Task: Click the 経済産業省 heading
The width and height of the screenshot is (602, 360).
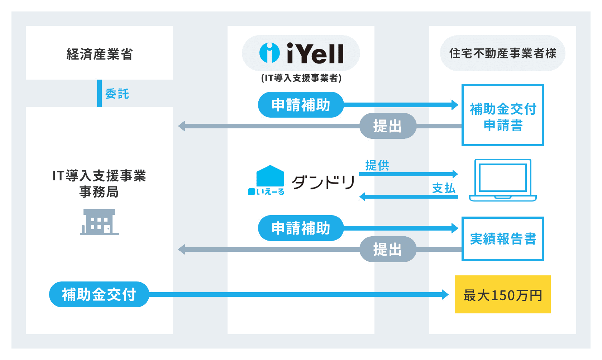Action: tap(99, 54)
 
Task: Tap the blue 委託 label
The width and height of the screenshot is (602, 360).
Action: tap(117, 94)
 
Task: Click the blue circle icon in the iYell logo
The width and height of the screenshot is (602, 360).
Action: tap(269, 53)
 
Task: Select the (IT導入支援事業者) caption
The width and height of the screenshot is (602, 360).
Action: tap(301, 78)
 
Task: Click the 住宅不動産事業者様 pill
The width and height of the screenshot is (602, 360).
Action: tap(502, 53)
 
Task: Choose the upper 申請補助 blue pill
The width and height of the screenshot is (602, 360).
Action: tap(301, 105)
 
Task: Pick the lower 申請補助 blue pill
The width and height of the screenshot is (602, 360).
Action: tap(301, 228)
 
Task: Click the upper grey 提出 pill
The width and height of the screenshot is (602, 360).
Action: tap(388, 126)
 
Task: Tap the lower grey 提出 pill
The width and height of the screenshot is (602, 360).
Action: tap(388, 249)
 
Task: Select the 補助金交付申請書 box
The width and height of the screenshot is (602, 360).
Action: tap(502, 115)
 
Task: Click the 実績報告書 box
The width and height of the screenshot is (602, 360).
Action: tap(502, 238)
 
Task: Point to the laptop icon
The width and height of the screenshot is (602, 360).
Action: tap(502, 180)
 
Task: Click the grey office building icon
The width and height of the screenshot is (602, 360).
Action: tap(99, 222)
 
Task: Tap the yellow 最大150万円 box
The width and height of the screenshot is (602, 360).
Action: tap(502, 294)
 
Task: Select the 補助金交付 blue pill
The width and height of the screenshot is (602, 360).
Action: tap(99, 294)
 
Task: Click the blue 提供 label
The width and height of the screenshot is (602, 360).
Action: tap(377, 165)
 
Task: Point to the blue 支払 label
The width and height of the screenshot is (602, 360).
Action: tap(444, 188)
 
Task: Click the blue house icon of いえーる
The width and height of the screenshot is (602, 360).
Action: tap(270, 176)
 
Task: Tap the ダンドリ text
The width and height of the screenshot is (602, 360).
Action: tap(323, 182)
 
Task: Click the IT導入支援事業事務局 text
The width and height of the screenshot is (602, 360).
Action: tap(99, 184)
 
